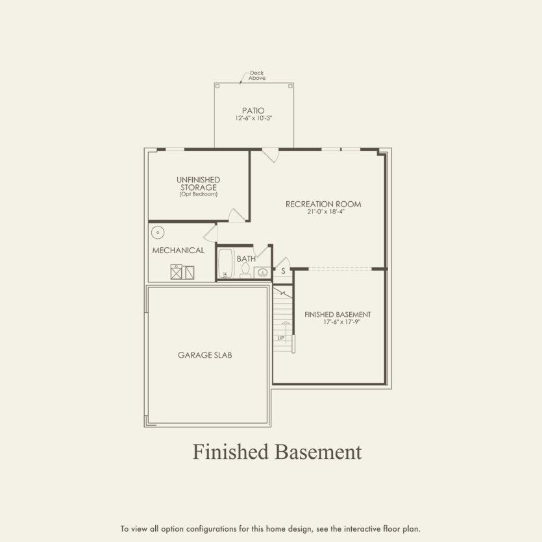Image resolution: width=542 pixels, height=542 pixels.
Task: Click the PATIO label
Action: tap(253, 111)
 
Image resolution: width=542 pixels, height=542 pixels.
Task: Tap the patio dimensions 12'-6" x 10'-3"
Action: tap(253, 119)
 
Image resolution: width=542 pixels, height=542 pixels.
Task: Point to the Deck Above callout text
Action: tap(257, 75)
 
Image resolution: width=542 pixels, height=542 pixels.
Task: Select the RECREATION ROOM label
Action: tap(323, 204)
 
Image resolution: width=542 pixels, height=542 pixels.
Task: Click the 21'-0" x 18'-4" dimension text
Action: tap(323, 212)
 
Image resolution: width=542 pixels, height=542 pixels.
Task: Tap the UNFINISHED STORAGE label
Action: tap(198, 183)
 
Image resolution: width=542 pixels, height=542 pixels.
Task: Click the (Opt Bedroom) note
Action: tap(198, 194)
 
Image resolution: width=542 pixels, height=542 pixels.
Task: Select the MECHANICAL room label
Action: tap(178, 250)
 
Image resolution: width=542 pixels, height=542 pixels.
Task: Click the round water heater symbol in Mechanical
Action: tap(157, 232)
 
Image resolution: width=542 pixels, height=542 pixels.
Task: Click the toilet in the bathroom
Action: tap(245, 272)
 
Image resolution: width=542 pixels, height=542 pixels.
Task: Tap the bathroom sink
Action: tap(262, 272)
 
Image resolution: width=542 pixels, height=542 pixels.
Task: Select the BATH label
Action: tap(246, 258)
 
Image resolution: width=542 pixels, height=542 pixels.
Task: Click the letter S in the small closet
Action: tap(283, 271)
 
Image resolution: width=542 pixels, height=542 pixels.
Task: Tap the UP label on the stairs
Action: tap(281, 338)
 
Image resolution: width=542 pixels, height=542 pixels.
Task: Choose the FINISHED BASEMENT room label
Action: tap(338, 314)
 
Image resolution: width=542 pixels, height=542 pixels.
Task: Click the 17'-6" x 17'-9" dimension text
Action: tap(338, 322)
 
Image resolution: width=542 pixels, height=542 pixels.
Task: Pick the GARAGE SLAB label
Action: tap(205, 355)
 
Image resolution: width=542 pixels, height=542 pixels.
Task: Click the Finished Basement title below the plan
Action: tap(277, 452)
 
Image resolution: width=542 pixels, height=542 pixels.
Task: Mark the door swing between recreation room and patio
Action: tap(271, 156)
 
